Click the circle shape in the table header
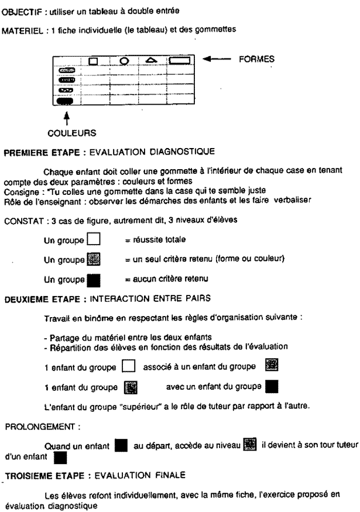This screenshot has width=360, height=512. point(124,60)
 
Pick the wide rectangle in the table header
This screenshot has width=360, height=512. point(180,60)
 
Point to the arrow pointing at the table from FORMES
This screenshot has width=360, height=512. point(220,59)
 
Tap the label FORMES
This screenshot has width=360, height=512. point(259,59)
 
